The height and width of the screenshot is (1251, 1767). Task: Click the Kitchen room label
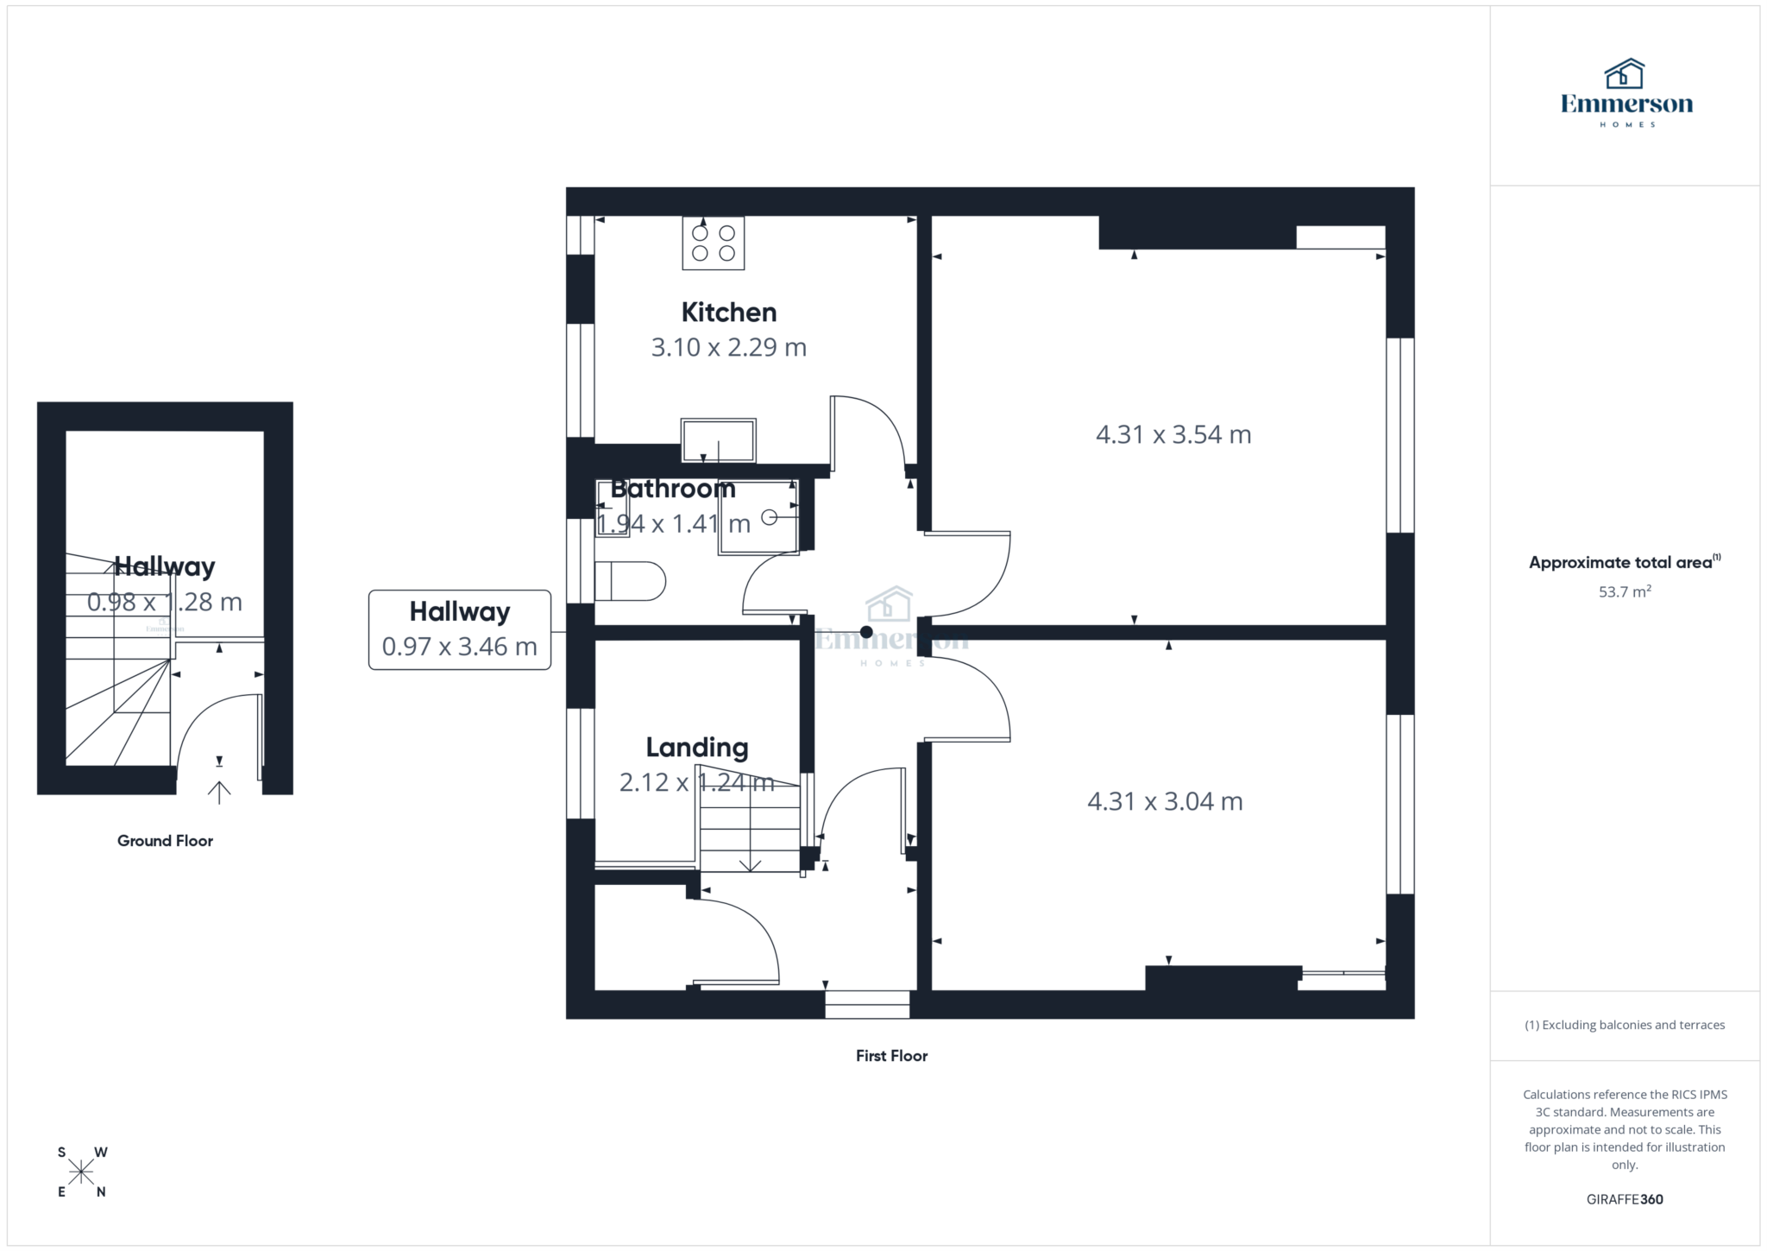click(x=728, y=312)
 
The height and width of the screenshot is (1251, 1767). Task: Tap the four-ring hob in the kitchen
click(x=714, y=243)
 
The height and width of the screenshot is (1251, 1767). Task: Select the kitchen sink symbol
click(x=718, y=440)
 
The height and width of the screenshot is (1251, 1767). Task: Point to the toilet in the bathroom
click(x=631, y=581)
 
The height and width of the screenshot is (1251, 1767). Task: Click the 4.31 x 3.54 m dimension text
click(x=1173, y=434)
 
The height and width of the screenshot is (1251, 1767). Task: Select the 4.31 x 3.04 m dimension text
click(x=1165, y=801)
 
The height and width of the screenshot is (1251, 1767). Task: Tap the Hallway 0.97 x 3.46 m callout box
click(x=459, y=629)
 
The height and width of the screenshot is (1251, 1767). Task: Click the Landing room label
click(x=697, y=747)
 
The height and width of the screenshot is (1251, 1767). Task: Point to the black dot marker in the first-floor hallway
click(x=865, y=633)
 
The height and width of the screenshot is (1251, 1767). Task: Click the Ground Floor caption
click(x=165, y=841)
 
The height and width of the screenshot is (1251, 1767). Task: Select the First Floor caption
click(x=891, y=1055)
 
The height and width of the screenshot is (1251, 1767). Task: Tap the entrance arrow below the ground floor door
click(x=219, y=792)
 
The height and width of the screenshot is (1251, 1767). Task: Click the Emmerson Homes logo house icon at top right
click(x=1624, y=74)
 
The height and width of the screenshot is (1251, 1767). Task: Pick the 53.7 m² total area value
click(x=1625, y=591)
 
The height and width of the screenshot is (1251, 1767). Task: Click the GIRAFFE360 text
click(x=1625, y=1199)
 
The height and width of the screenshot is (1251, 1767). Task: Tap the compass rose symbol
click(x=81, y=1172)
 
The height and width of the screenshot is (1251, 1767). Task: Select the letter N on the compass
click(x=101, y=1192)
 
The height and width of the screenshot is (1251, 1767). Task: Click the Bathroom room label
click(x=673, y=489)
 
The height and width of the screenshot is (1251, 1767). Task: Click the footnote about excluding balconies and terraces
click(x=1625, y=1025)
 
